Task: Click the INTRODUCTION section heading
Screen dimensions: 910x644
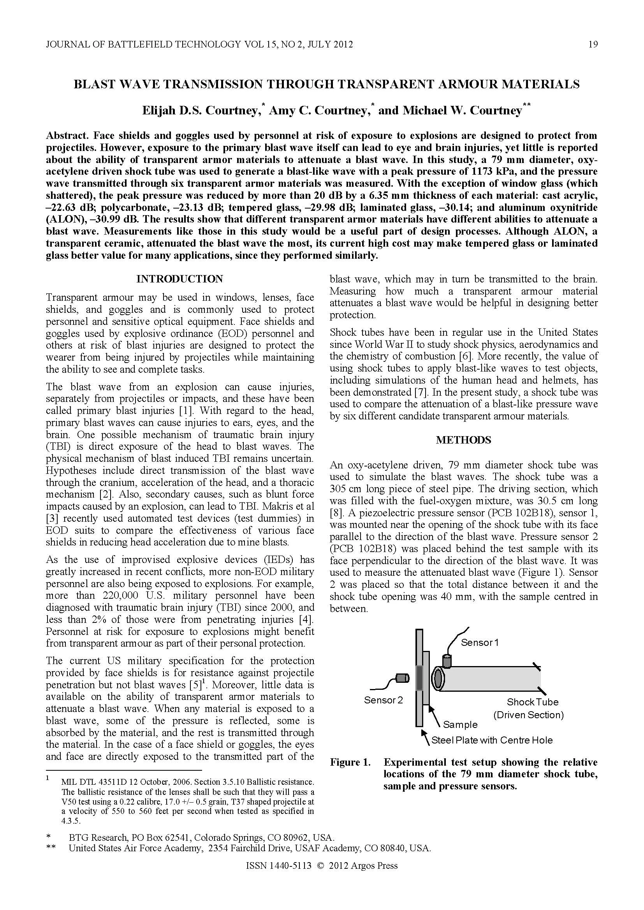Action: [x=179, y=279]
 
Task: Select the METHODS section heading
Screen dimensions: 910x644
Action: [x=463, y=440]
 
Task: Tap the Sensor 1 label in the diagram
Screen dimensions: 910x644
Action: [x=479, y=642]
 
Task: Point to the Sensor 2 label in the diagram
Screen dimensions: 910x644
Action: [x=383, y=700]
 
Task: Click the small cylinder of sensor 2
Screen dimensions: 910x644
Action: [x=403, y=679]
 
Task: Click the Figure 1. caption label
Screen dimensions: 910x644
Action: [x=349, y=762]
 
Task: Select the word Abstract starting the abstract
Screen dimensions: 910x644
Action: [x=68, y=135]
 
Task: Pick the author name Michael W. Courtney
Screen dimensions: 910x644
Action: [x=462, y=110]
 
